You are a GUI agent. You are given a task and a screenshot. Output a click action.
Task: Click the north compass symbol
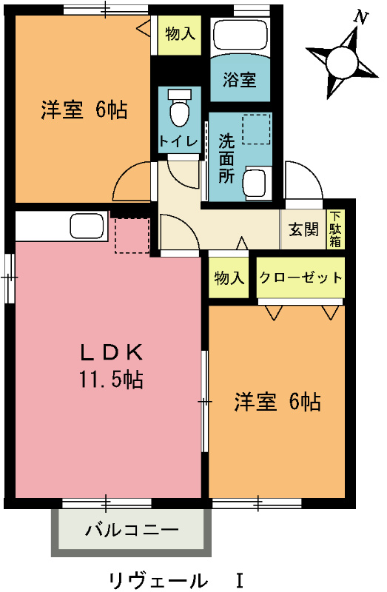341,58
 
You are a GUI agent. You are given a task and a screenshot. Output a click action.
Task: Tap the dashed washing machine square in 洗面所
257,130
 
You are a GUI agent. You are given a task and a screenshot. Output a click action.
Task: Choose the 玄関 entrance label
303,229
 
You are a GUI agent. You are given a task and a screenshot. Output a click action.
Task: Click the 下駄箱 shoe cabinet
334,229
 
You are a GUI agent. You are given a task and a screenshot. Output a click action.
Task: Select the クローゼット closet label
300,278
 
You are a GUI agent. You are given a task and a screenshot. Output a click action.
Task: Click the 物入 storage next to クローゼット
229,278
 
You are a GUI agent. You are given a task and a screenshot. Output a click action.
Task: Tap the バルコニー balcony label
132,530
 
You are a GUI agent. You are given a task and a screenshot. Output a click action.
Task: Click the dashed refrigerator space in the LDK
132,235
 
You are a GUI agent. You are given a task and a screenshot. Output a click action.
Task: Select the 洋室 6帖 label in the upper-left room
83,110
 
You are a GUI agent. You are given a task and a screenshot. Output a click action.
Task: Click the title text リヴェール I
175,578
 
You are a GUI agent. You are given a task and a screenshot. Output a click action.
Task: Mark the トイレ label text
178,141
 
